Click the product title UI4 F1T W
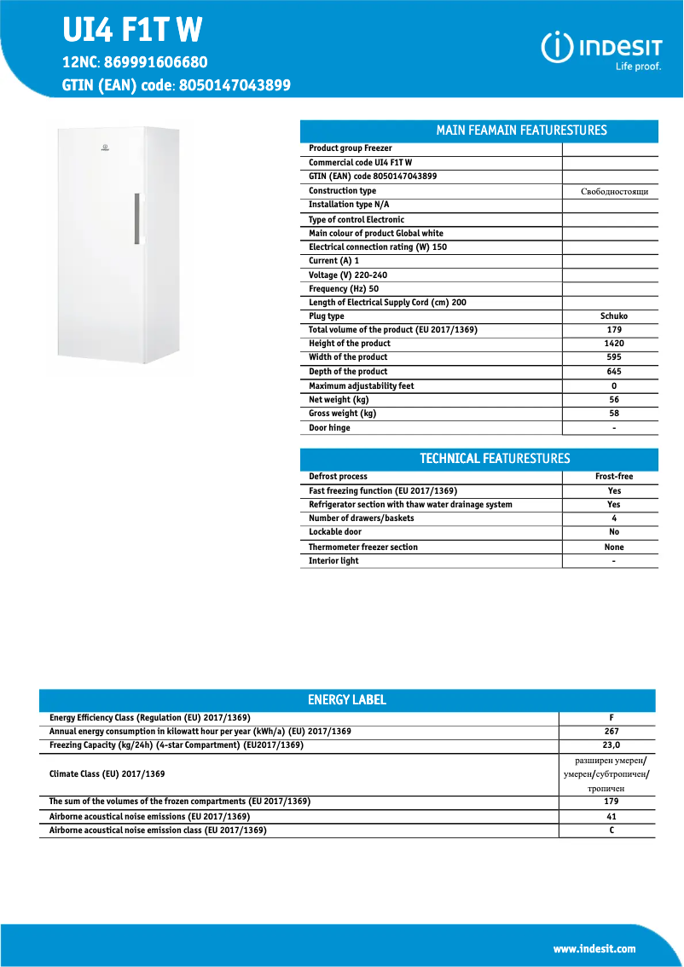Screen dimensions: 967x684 click(132, 30)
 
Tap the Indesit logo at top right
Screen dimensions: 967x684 click(603, 49)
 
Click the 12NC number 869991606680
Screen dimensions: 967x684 click(157, 62)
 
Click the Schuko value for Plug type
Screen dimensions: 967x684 click(614, 316)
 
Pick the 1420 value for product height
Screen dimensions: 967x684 click(614, 344)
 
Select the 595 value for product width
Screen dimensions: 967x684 click(614, 357)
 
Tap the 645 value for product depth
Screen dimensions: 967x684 click(614, 372)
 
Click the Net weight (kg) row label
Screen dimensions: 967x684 click(339, 399)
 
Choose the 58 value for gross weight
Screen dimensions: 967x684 click(614, 414)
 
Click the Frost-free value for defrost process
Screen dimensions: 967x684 click(614, 477)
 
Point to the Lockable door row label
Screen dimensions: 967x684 click(335, 532)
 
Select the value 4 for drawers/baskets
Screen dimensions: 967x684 click(614, 518)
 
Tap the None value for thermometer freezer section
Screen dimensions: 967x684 click(614, 547)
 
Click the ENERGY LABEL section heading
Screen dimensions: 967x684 click(347, 700)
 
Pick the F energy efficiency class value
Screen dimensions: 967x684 click(612, 718)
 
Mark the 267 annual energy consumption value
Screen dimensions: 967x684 click(612, 732)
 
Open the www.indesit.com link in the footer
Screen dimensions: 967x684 click(594, 949)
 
